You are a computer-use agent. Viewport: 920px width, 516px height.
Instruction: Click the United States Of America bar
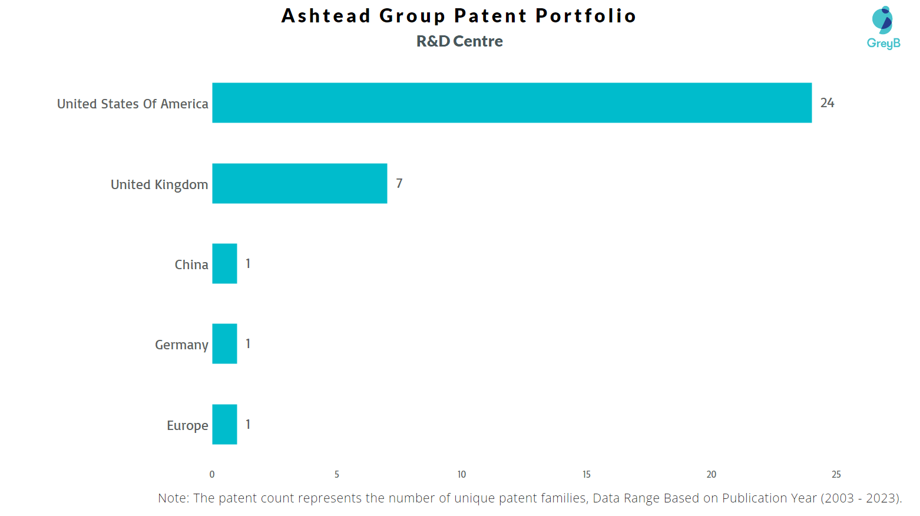[x=511, y=102]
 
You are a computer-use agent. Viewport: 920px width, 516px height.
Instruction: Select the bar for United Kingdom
[x=299, y=183]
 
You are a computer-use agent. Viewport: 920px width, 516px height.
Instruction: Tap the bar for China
[x=224, y=263]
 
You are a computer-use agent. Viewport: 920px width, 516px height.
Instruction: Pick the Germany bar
[x=224, y=343]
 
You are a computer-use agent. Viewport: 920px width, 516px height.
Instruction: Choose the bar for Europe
[x=224, y=424]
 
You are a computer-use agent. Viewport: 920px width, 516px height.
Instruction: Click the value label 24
[x=827, y=103]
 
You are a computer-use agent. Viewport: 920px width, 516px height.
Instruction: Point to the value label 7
[x=399, y=184]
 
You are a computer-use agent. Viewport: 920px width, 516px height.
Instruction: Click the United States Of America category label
[x=133, y=104]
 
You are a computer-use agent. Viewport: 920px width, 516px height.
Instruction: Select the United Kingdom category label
[x=159, y=185]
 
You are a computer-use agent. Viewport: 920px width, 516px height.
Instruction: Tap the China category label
[x=191, y=265]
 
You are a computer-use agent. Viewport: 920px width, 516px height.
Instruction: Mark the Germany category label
[x=181, y=345]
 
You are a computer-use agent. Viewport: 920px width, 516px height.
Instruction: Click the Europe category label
[x=187, y=426]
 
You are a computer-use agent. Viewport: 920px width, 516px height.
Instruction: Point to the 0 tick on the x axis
[x=212, y=475]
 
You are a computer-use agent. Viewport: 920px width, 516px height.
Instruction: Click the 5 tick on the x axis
[x=337, y=475]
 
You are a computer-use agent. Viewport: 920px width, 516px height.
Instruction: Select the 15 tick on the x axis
[x=587, y=475]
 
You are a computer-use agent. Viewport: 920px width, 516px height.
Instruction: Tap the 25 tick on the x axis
[x=836, y=475]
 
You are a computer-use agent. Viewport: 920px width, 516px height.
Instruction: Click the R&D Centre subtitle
[x=459, y=41]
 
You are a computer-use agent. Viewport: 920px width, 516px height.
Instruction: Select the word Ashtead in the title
[x=326, y=16]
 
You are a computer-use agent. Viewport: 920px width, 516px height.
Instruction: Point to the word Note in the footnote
[x=173, y=498]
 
